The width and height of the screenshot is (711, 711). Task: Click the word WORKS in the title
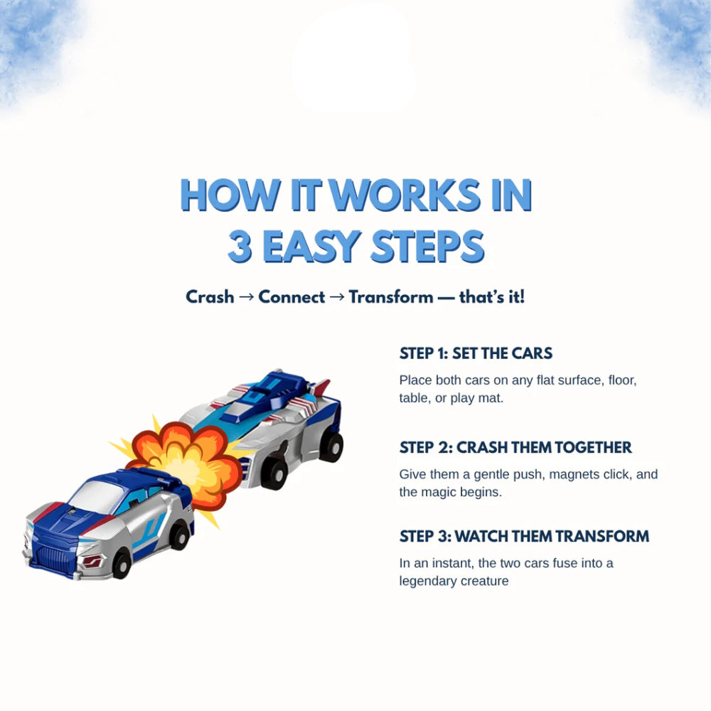point(404,195)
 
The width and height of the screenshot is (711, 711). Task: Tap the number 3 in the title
point(240,246)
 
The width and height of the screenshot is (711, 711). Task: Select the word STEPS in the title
point(427,246)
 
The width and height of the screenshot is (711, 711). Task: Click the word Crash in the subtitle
point(210,297)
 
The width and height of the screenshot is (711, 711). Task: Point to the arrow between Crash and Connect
point(246,297)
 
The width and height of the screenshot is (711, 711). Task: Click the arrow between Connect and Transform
point(337,297)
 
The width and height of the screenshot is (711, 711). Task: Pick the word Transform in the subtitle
point(391,297)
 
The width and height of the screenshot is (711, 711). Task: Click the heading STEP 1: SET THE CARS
point(476,353)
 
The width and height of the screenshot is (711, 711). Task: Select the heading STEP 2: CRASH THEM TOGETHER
point(515,447)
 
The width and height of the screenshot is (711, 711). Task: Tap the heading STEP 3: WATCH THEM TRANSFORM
point(524,536)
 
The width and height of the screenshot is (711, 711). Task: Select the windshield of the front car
point(97,496)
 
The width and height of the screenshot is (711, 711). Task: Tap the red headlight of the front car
point(92,562)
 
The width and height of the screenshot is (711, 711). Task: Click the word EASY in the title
point(312,246)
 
